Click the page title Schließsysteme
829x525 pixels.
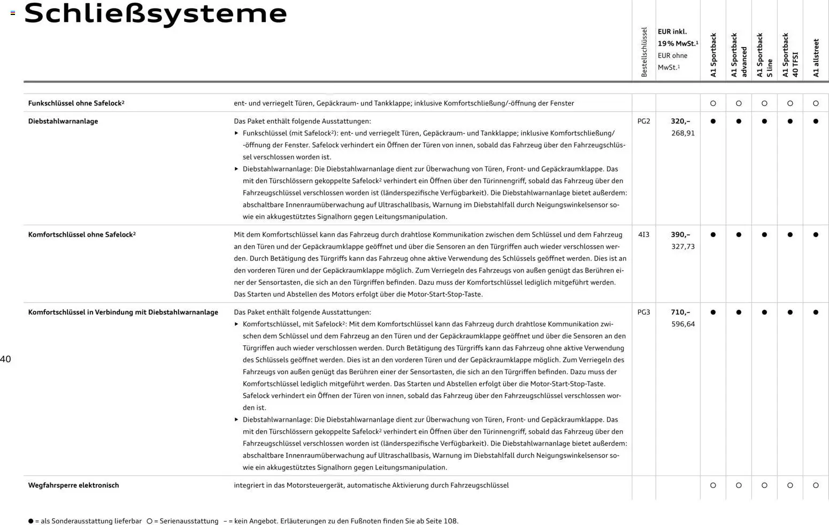coord(156,14)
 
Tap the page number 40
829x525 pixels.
coord(6,359)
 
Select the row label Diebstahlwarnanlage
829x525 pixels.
coord(63,121)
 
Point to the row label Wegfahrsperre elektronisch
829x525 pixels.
coord(73,485)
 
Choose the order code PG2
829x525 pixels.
coord(643,121)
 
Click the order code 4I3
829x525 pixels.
coord(643,235)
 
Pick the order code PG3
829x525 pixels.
coord(643,313)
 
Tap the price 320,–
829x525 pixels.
coord(680,121)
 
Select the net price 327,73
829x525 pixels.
coord(683,247)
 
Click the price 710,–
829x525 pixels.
coord(680,313)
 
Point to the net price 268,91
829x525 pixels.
coord(683,133)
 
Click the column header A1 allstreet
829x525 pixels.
coord(816,58)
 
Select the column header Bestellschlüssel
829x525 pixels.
coord(644,52)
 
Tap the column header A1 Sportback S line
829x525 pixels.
coord(764,55)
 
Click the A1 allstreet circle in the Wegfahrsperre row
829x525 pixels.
coord(816,485)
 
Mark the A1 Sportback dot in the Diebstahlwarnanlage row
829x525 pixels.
coord(713,121)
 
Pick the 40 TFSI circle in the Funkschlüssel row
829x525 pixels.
coord(790,103)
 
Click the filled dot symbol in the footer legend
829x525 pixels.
coord(30,521)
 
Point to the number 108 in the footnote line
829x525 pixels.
coord(450,521)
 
